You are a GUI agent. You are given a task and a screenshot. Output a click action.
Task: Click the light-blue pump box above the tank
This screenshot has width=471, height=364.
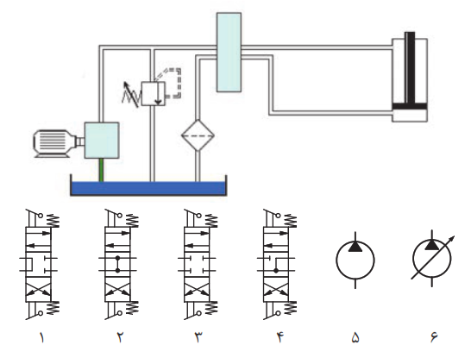pos(102,141)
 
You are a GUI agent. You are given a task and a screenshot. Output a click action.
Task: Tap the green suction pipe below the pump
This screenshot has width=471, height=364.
pos(102,170)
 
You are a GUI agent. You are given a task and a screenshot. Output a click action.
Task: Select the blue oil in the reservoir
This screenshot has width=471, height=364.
pos(148,188)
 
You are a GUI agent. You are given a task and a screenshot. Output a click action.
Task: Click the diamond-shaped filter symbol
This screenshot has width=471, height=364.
pos(198,135)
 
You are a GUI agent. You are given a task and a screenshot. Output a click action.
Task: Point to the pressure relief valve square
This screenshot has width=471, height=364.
pos(154,93)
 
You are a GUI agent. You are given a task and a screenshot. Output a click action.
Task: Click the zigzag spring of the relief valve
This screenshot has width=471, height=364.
pos(132,94)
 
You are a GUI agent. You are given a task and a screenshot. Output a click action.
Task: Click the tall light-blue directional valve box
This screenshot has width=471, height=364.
pos(229,52)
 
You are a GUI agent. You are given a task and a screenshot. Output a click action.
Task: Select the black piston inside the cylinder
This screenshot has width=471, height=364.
pos(410,106)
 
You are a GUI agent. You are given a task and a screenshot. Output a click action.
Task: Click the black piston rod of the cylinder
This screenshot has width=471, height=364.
pos(410,67)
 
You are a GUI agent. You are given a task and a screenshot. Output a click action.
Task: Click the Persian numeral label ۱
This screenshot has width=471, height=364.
pos(41,337)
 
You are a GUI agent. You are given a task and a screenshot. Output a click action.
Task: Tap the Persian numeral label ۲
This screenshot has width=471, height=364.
pos(120,337)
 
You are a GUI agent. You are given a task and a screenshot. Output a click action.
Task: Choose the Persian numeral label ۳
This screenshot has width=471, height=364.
pos(198,337)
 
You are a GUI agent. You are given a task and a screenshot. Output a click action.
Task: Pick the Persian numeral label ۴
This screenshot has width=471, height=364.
pos(280,337)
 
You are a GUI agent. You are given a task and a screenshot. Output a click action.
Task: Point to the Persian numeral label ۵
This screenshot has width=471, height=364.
pos(355,337)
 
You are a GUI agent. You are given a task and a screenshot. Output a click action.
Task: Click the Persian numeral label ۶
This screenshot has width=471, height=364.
pos(433,337)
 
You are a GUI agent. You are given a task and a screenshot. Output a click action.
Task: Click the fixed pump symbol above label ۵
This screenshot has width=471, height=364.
pos(355,260)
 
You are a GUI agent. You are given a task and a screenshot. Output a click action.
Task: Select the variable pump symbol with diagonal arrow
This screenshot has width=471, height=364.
pos(432,258)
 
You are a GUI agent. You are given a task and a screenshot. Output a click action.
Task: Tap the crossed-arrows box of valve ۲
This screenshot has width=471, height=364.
pos(117,289)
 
